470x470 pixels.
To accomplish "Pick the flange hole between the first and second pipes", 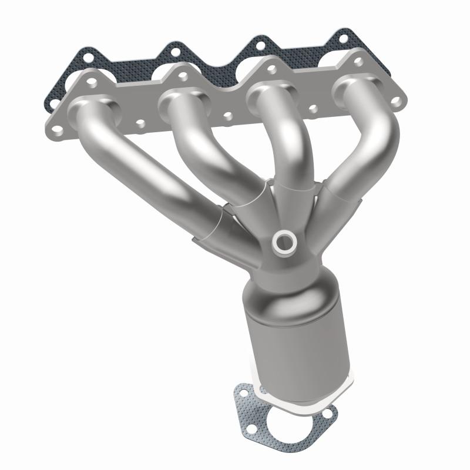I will (x=140, y=123).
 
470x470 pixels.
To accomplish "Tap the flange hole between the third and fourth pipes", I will (x=313, y=108).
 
